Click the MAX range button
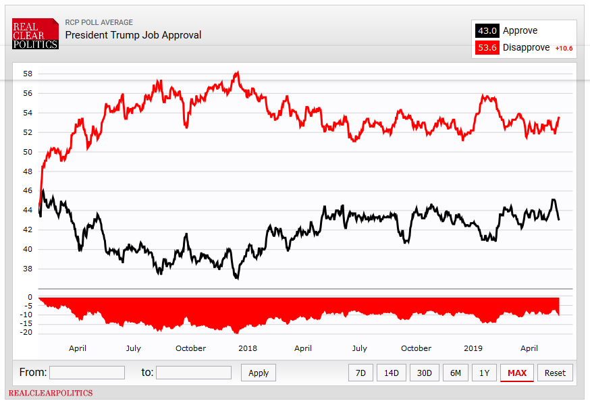(517, 373)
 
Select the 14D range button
(392, 373)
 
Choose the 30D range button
(424, 373)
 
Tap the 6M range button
(456, 373)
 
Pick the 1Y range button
(484, 373)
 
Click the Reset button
(555, 373)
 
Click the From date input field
(87, 373)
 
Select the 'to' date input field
(194, 373)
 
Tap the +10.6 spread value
(564, 49)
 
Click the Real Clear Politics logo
(35, 34)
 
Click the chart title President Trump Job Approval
(133, 35)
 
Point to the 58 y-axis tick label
(27, 74)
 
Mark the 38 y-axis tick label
(27, 269)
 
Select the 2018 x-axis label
(248, 348)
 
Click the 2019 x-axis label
(473, 348)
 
